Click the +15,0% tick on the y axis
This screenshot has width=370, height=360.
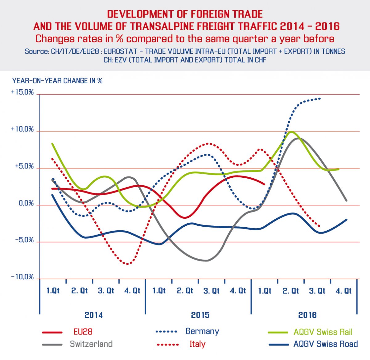coord(22,92)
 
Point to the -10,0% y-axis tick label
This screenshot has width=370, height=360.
coord(22,277)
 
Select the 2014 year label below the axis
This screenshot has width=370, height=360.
coord(93,315)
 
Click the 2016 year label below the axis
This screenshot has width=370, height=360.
coord(307,315)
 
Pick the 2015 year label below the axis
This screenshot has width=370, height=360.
coord(200,315)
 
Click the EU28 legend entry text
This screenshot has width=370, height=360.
coord(83,332)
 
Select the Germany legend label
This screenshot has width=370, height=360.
coord(202,331)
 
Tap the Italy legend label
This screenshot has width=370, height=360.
coord(197,344)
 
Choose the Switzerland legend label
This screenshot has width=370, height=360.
coord(91,344)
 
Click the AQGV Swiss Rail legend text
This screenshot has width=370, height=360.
coord(323,332)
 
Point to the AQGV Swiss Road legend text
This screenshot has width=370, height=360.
coord(326,344)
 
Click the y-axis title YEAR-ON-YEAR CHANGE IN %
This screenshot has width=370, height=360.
coord(57,81)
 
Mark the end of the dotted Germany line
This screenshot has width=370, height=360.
coord(320,99)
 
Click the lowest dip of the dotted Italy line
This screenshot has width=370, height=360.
coord(127,264)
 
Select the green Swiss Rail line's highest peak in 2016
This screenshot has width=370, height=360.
coord(291,132)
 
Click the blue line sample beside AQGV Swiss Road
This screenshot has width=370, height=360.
coord(279,344)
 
